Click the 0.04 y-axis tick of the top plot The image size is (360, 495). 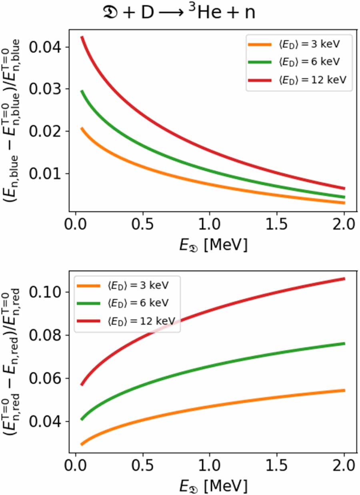pyautogui.click(x=46, y=47)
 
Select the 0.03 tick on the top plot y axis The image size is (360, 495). pyautogui.click(x=46, y=89)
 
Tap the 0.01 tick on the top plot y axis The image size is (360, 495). pyautogui.click(x=46, y=174)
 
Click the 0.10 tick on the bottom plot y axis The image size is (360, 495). pyautogui.click(x=46, y=292)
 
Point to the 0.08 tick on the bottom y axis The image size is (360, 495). pyautogui.click(x=46, y=335)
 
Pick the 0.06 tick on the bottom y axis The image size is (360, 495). pyautogui.click(x=46, y=378)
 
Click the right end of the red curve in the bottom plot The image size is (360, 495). pyautogui.click(x=344, y=279)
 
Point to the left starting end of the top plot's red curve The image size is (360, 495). pyautogui.click(x=82, y=37)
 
